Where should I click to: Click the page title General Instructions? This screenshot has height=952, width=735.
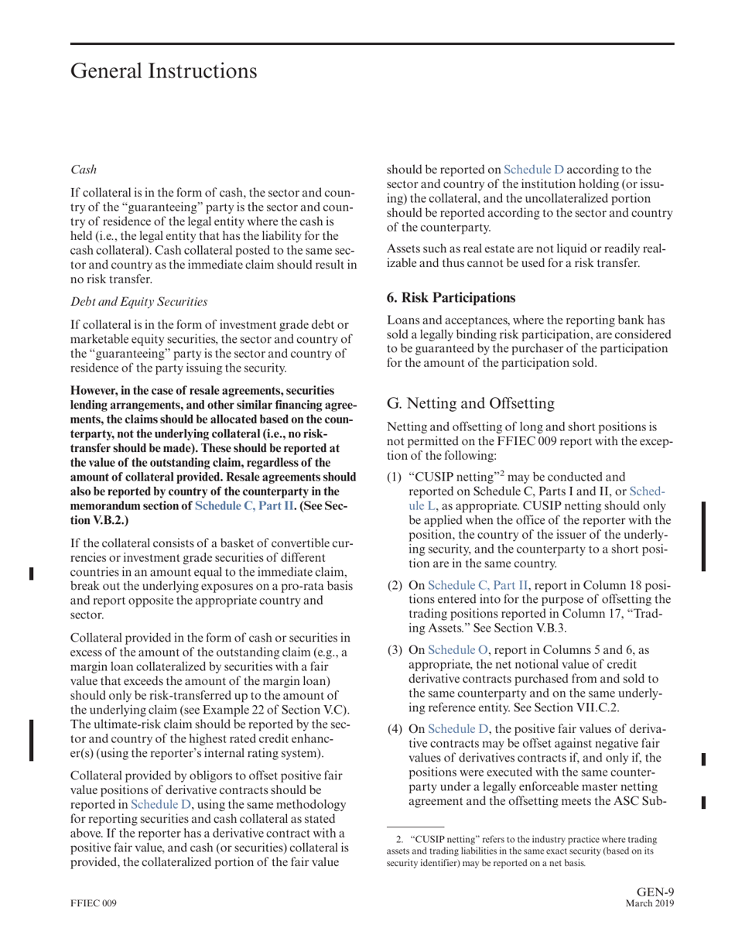pyautogui.click(x=163, y=71)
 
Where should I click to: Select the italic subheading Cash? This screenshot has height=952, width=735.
pyautogui.click(x=84, y=169)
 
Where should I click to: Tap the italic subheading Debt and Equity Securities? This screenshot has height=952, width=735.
pyautogui.click(x=139, y=300)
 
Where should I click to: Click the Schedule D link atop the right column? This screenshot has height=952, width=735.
pyautogui.click(x=534, y=170)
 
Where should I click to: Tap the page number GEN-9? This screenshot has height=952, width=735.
pyautogui.click(x=655, y=892)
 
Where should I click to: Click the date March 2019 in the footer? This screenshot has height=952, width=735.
pyautogui.click(x=649, y=904)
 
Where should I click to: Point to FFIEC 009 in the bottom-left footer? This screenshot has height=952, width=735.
pyautogui.click(x=94, y=904)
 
